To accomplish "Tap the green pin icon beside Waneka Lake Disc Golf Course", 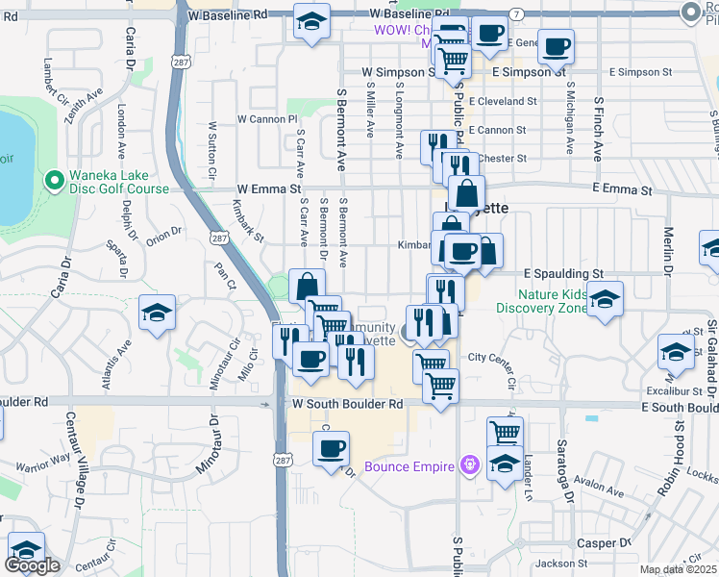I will click(53, 180).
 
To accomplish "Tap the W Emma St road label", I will click(269, 190).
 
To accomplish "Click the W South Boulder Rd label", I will click(347, 405).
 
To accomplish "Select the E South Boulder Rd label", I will click(680, 408).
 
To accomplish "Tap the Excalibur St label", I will click(674, 391).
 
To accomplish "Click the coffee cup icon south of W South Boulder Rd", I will click(331, 449).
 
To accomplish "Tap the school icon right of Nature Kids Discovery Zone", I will click(605, 298).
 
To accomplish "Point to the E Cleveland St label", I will click(502, 101).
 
